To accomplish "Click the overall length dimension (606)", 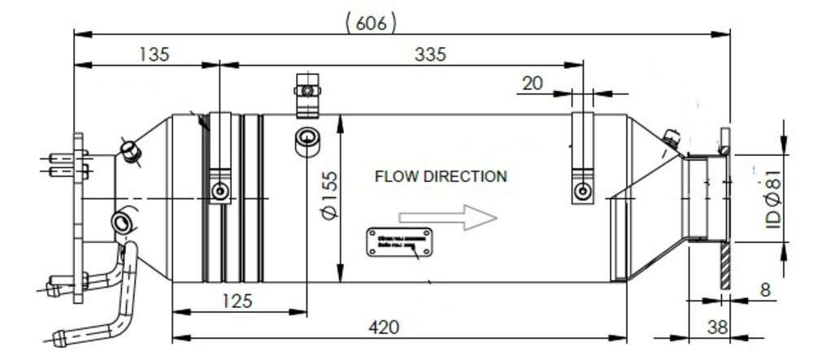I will click(x=372, y=23).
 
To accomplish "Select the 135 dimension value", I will click(x=154, y=54).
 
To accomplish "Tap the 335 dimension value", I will click(x=430, y=54).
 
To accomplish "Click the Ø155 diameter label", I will click(x=329, y=198).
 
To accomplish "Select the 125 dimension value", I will click(x=237, y=300).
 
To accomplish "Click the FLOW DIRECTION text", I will click(x=441, y=176).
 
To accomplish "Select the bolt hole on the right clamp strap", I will click(x=582, y=192).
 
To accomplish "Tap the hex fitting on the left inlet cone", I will click(x=130, y=150).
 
